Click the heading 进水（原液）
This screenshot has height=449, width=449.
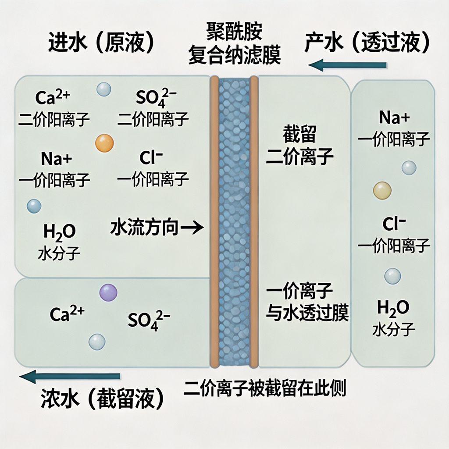click(101, 43)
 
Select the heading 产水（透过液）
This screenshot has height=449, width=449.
click(367, 43)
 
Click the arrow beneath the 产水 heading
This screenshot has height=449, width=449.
click(347, 66)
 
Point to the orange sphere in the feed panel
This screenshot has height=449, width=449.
click(104, 143)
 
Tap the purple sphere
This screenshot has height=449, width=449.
click(108, 292)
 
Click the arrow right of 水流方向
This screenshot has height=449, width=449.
click(192, 228)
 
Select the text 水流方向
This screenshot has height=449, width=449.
click(144, 228)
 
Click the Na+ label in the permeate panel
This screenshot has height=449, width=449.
click(394, 117)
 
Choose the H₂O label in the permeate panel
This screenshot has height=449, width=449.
click(393, 308)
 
